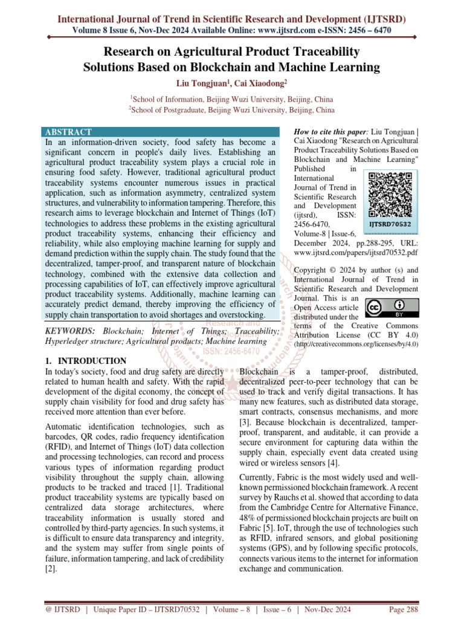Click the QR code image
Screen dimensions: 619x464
(x=390, y=195)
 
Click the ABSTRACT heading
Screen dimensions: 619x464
(x=68, y=132)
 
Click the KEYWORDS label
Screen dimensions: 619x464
(x=70, y=331)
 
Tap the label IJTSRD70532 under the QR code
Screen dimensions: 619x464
(x=390, y=224)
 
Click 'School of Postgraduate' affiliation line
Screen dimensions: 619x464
(x=231, y=110)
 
